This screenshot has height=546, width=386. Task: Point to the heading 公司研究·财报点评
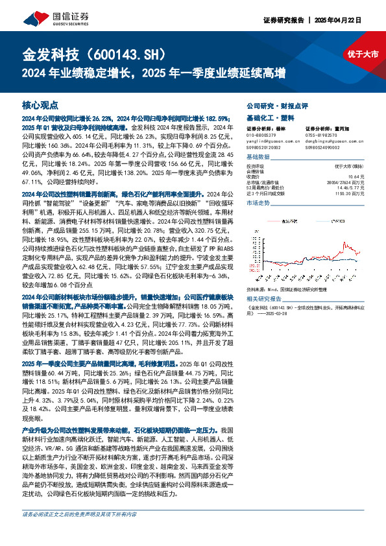point(276,104)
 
